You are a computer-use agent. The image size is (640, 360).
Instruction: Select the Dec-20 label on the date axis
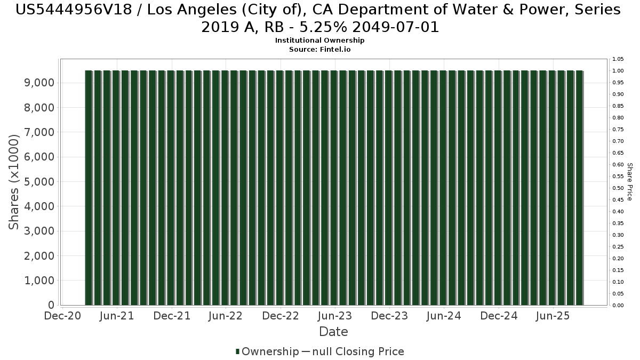coord(62,316)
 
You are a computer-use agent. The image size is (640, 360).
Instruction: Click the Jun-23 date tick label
coord(334,316)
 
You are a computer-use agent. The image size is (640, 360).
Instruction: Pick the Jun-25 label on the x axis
coord(553,316)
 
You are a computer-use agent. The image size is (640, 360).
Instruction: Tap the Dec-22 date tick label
coord(280,316)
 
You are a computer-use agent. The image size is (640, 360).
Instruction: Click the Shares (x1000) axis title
coord(14,182)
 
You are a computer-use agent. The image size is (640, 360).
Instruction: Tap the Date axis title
coord(333,332)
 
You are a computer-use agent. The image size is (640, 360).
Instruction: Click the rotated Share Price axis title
coord(629,182)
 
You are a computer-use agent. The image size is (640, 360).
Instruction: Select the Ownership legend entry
coord(267,351)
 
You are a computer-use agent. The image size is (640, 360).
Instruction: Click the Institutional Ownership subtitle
coord(319,41)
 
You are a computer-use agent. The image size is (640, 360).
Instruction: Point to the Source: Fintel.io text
coord(319,49)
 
